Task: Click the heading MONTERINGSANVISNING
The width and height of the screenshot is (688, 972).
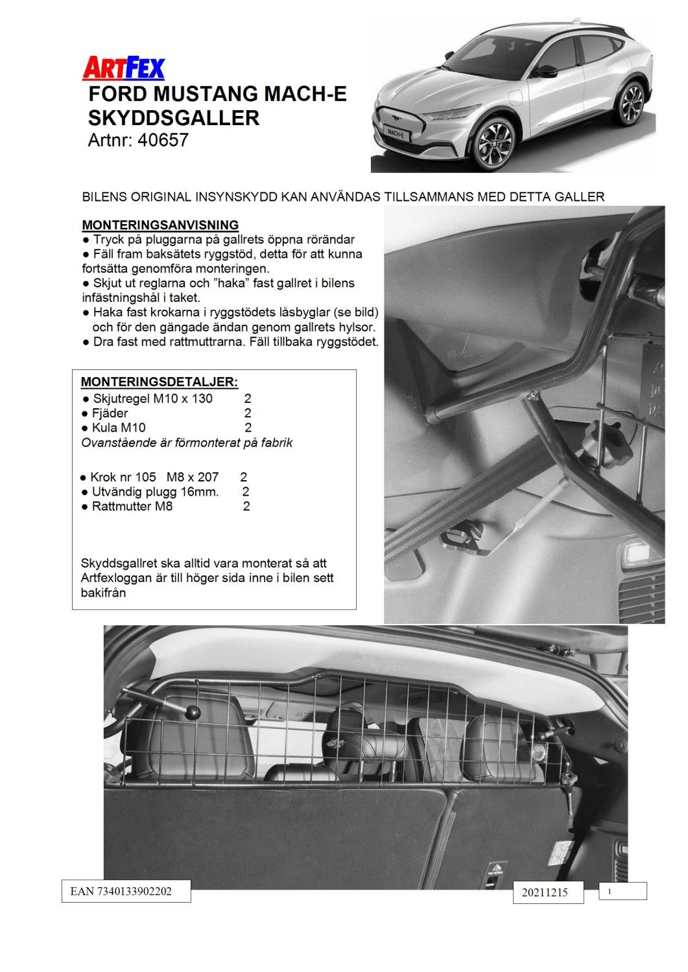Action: [160, 225]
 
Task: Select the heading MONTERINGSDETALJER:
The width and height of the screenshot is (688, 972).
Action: [159, 382]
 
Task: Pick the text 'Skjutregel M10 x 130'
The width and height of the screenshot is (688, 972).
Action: [152, 399]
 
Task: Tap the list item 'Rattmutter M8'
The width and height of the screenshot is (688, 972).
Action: [132, 506]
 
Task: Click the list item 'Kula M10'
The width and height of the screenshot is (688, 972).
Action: [119, 427]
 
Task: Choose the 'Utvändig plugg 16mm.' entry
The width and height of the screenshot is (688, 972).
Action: [155, 492]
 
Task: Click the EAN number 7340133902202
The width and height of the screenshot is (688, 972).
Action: [121, 891]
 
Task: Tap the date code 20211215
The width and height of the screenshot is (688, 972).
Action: [544, 892]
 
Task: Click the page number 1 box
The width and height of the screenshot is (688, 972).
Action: [622, 891]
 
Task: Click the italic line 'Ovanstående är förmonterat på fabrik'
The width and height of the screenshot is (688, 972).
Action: [187, 443]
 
